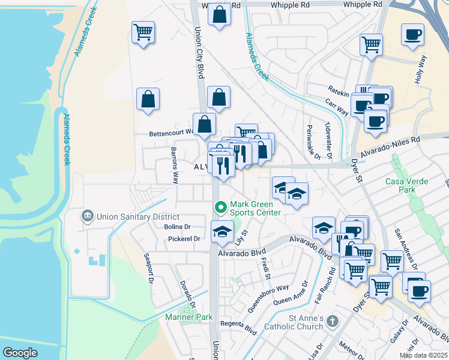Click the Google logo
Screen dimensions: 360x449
pos(20,353)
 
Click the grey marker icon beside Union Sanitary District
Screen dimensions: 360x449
pos(88,215)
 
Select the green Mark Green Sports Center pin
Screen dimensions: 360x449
pos(221,208)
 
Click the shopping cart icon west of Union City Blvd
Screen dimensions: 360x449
pos(143,31)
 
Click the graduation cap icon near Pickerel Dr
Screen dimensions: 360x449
pos(222,232)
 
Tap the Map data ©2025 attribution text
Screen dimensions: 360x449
pos(423,355)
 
